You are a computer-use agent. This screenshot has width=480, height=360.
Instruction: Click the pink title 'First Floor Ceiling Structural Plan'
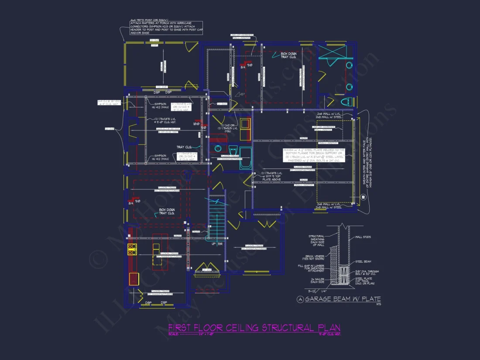point(254,328)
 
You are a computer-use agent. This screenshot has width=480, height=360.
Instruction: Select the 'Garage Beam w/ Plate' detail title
point(343,299)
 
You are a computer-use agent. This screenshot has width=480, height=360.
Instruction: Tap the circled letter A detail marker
point(300,299)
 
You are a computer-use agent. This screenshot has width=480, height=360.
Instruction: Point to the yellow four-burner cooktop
point(132,249)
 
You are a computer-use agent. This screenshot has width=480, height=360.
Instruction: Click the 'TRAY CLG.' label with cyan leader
point(184,147)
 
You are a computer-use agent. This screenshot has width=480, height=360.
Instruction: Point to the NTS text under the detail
point(378,304)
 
